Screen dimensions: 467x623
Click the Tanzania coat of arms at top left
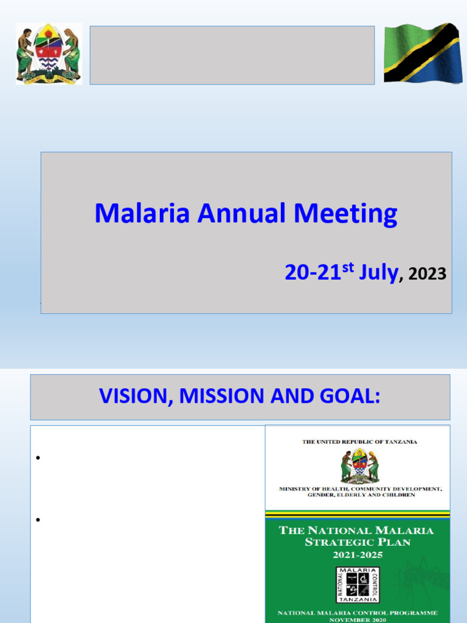(x=49, y=54)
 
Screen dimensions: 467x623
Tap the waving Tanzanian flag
(x=423, y=53)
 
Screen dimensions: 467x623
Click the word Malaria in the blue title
(x=142, y=214)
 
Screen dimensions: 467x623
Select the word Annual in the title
(x=241, y=214)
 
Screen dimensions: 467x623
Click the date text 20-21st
(x=319, y=272)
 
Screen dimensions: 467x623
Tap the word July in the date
(x=378, y=273)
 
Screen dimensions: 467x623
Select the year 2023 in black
(x=427, y=274)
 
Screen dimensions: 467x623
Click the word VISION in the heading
(x=134, y=396)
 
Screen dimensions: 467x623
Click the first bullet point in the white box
(x=38, y=458)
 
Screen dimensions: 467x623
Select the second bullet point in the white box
(x=38, y=520)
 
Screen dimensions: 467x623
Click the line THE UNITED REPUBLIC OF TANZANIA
(x=359, y=442)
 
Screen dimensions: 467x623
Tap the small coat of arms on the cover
(x=360, y=465)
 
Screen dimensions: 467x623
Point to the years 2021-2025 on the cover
(x=358, y=555)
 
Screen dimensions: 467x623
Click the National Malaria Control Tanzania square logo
(x=358, y=585)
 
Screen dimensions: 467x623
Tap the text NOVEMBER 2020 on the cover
(x=358, y=620)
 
